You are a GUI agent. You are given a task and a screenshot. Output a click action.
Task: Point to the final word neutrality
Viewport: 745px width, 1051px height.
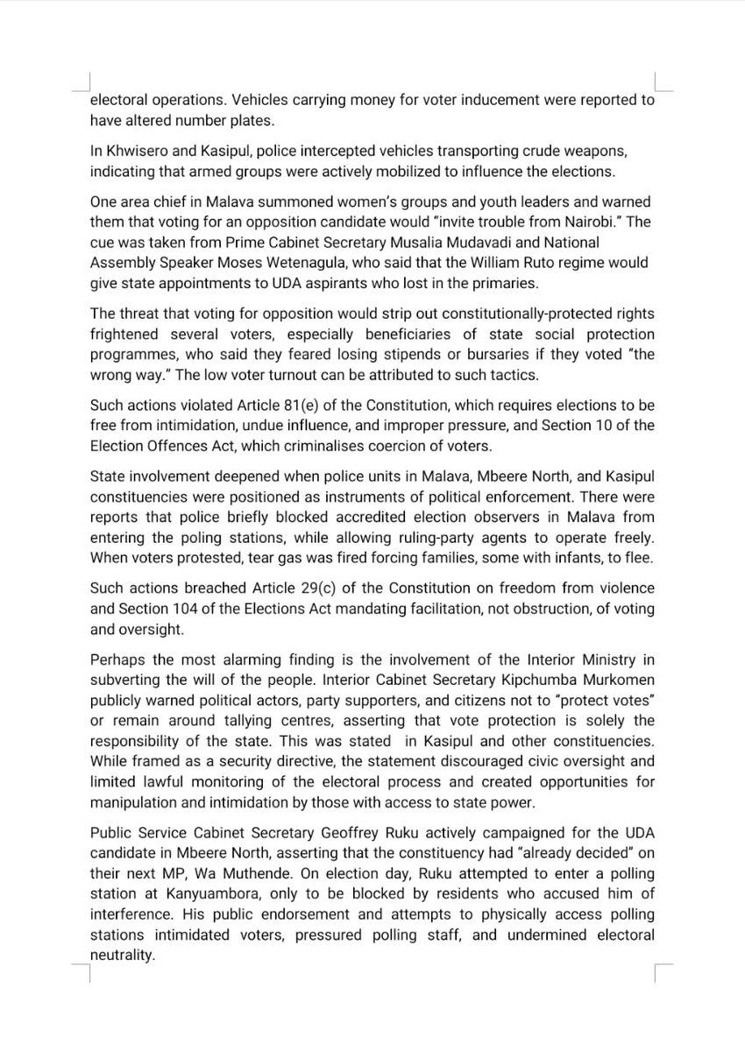click(x=122, y=956)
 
